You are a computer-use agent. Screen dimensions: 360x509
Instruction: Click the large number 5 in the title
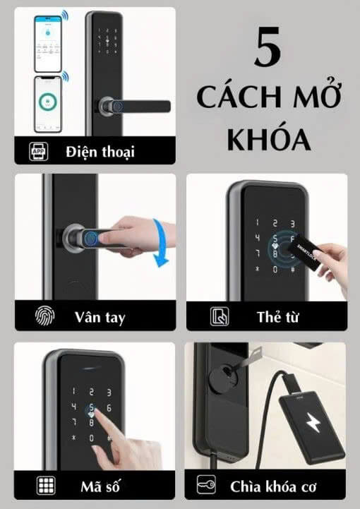pos(268,47)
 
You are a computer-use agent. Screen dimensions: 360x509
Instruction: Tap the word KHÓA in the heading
pos(269,140)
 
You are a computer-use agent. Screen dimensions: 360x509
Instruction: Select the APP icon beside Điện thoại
pos(39,151)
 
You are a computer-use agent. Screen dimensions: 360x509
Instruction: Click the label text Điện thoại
pos(100,152)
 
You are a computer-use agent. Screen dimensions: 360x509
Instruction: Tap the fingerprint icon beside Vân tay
pos(44,316)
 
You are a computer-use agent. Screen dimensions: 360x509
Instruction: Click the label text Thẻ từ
pos(277,317)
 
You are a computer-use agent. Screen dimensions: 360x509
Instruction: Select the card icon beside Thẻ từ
pos(220,316)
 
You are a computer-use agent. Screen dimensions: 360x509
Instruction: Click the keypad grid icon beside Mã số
pos(46,486)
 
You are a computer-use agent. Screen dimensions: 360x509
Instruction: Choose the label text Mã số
pos(100,486)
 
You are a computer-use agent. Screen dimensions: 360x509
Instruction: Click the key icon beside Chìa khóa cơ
pos(206,485)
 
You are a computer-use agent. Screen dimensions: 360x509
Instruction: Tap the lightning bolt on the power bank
pos(313,422)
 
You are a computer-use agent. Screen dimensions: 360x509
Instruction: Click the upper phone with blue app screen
pos(48,44)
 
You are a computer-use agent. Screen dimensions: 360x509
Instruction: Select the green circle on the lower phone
pos(48,102)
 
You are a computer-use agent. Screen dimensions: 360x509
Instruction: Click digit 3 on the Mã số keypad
pos(109,393)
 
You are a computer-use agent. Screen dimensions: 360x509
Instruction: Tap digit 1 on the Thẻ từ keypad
pos(258,222)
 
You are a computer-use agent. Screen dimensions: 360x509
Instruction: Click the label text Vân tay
pos(100,317)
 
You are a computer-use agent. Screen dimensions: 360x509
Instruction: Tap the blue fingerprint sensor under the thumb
pos(93,236)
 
